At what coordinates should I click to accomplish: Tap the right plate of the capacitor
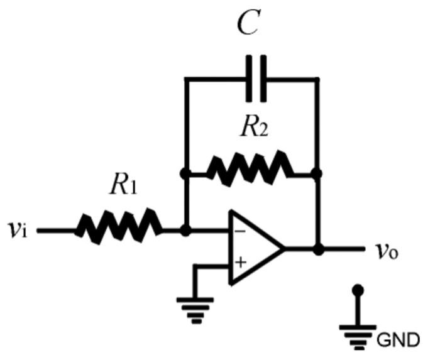261,79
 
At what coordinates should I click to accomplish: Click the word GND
398,341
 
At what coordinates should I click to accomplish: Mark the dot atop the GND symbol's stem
358,290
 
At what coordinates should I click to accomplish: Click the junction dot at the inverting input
185,231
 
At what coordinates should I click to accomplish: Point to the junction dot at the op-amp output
319,249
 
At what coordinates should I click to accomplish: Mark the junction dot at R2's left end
185,173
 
